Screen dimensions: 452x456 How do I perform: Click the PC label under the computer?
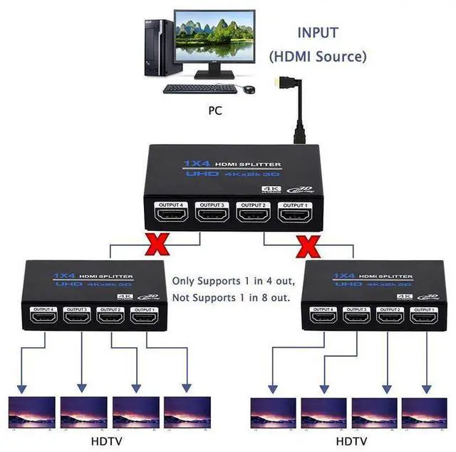pyautogui.click(x=215, y=111)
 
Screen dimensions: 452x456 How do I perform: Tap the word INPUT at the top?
pyautogui.click(x=318, y=33)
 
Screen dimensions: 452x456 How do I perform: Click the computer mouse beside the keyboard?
pyautogui.click(x=249, y=90)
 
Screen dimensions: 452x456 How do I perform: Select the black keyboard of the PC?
pyautogui.click(x=199, y=89)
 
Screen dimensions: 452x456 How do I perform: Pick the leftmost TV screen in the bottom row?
pyautogui.click(x=32, y=412)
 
